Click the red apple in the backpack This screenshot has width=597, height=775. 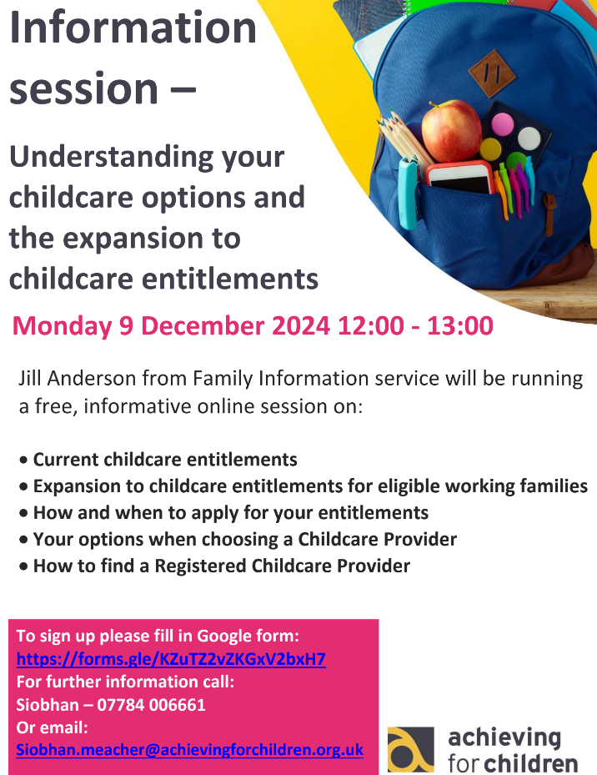pos(451,131)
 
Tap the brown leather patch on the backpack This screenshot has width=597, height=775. pos(492,73)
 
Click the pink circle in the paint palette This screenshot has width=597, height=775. pos(502,124)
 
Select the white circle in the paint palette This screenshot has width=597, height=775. pos(529,138)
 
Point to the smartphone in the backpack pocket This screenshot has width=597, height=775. pos(460,178)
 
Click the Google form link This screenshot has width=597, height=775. pos(171,659)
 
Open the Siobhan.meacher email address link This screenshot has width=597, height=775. pos(190,750)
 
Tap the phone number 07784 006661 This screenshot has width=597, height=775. pos(151,705)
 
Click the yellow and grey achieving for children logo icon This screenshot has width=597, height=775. pos(411,749)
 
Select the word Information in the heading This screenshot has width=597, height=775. pos(133,28)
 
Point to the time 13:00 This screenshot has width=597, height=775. pos(460,326)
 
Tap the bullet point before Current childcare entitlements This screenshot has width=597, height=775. pos(23,460)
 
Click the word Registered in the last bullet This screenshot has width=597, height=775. pos(200,566)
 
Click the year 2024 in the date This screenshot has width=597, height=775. pos(301,326)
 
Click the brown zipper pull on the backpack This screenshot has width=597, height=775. pos(549,214)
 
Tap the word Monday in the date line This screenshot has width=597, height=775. pos(63,327)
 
